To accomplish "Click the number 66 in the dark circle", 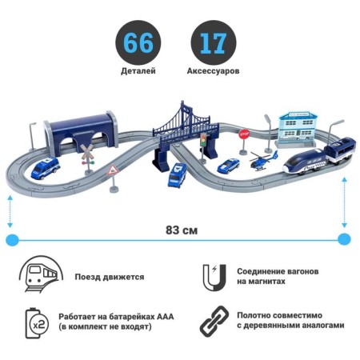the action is coord(138,43).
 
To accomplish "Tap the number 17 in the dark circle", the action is coord(214,43).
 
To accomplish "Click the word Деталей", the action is coord(138,71).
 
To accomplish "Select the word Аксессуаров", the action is coord(213,71).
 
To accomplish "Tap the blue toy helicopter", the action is coord(263,161).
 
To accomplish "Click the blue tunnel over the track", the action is coord(81,133).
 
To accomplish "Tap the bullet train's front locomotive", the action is coord(304,162).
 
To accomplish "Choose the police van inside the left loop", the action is coord(45,168).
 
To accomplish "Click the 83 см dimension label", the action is coord(182,230).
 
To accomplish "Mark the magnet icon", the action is coord(214,278).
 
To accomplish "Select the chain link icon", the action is coord(214,321).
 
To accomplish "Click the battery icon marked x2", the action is coord(37,323).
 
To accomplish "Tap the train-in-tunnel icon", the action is coord(42,274).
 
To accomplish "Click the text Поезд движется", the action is coord(110,277).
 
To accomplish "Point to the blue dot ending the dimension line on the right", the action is coord(344,239).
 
